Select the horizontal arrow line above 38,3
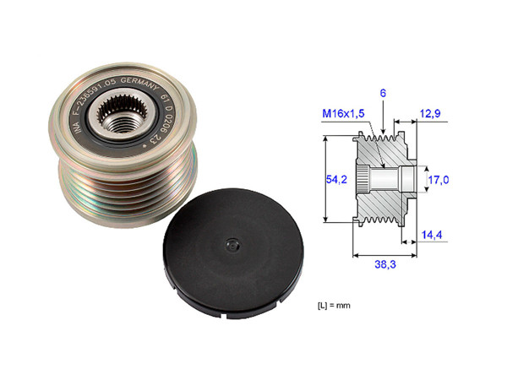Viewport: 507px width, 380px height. pyautogui.click(x=384, y=252)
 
